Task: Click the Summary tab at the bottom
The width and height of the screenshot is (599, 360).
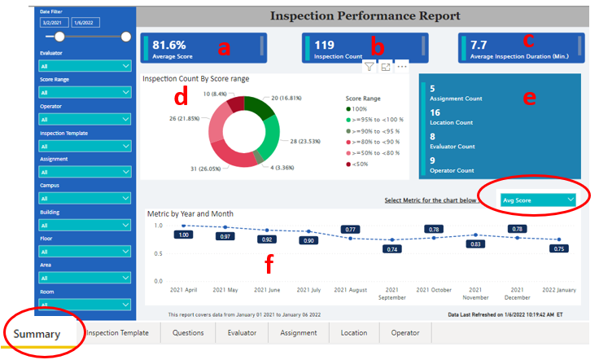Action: point(37,334)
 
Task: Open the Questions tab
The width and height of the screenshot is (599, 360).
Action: point(187,332)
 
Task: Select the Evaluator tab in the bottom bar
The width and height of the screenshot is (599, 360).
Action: point(242,332)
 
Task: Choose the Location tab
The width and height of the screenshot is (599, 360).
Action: point(353,332)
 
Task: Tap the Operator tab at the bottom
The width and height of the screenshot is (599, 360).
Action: point(404,332)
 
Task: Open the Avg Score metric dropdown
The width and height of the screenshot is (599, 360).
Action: point(538,200)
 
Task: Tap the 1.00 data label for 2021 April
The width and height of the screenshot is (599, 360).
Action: point(184,235)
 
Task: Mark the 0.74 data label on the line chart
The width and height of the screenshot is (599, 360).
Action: point(392,248)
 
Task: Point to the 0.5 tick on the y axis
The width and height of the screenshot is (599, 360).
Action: point(158,253)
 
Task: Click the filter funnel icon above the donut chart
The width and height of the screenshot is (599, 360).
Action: point(369,68)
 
